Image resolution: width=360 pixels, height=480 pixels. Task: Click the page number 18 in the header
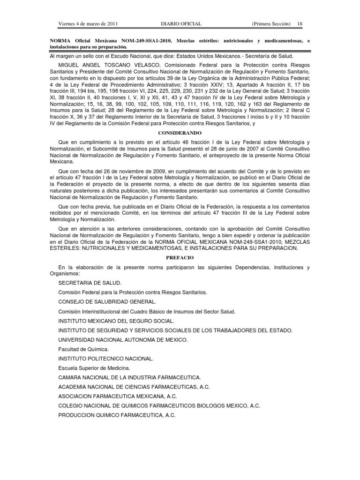tap(300, 24)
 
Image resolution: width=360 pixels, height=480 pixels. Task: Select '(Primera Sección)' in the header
tap(270, 24)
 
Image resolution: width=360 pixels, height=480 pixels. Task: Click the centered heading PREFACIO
tap(180, 258)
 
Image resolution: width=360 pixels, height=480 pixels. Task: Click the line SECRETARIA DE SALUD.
tap(90, 283)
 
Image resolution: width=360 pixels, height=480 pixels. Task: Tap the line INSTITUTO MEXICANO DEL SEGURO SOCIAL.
tap(116, 321)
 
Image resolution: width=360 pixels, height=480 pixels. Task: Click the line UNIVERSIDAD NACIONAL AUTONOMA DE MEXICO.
tap(123, 340)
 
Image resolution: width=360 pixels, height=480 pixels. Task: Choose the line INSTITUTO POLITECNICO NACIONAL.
tap(106, 359)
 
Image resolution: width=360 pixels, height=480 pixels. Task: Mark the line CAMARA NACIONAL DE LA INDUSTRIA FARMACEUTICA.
tap(130, 377)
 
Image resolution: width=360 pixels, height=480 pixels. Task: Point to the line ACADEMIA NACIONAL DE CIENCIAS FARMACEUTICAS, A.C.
tap(134, 387)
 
